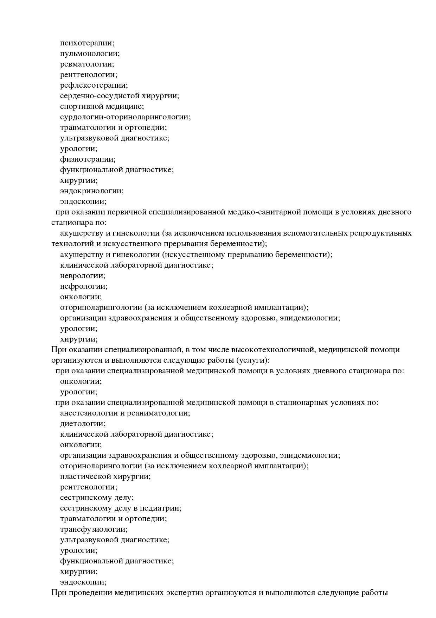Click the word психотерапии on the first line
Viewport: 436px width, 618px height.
(87, 43)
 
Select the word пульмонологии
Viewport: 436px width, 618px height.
(90, 54)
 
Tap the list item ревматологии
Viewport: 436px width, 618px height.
(87, 64)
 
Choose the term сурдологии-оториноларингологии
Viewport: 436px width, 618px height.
(125, 117)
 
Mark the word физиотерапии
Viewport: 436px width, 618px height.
(88, 159)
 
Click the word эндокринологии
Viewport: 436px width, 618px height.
(91, 191)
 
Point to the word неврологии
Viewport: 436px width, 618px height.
(83, 276)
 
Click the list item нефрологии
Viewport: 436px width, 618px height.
(84, 286)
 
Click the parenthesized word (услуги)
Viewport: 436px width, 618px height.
(253, 360)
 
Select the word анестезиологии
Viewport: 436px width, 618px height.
(89, 413)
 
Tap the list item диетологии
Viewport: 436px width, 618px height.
(83, 424)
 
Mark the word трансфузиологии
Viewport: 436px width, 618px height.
(94, 529)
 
